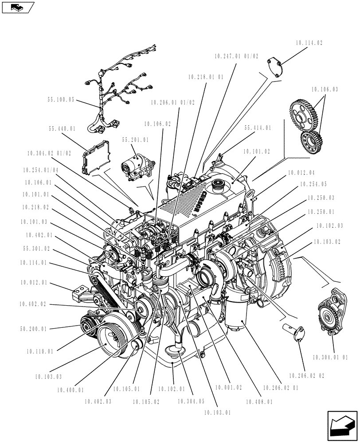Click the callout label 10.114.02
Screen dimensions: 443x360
[x=308, y=43]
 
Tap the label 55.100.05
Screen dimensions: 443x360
[x=61, y=100]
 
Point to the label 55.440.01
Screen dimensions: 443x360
[x=62, y=128]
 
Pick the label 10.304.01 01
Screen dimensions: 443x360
[x=330, y=356]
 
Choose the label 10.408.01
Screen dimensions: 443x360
[x=258, y=402]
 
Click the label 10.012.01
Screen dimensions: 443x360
[x=34, y=282]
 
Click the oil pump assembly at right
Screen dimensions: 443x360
[x=331, y=315]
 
